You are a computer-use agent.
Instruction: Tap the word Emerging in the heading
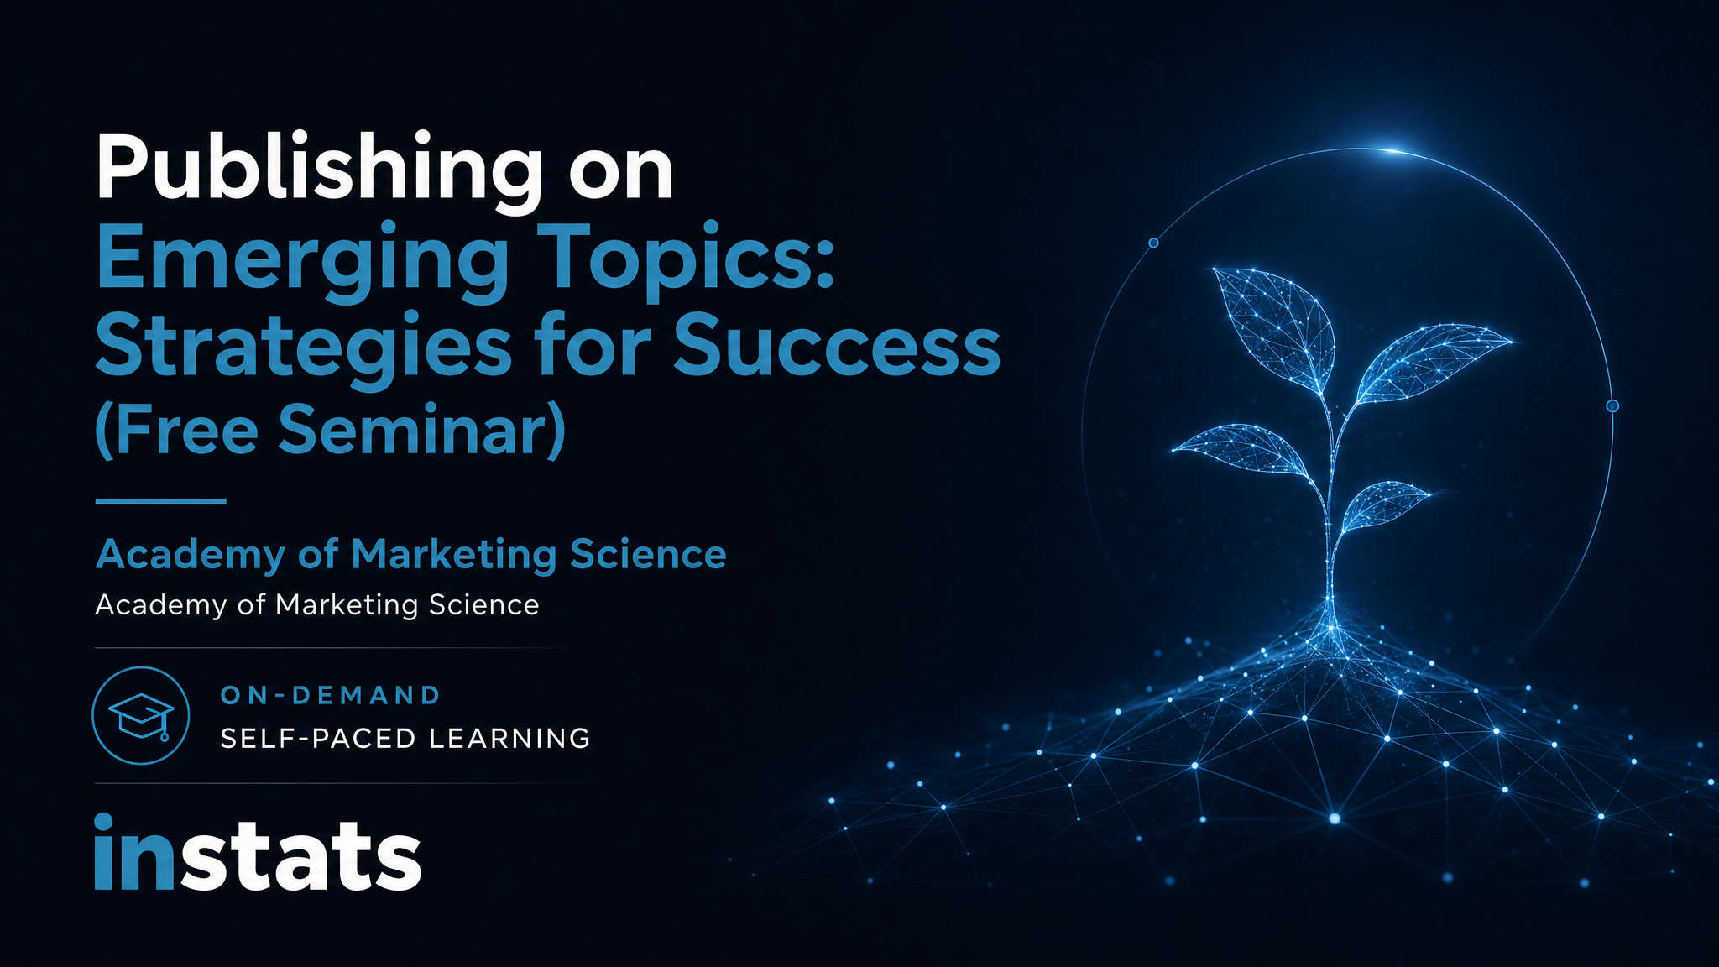(x=302, y=261)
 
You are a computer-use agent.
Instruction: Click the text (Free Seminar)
(x=331, y=430)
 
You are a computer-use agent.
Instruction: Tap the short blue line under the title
(x=161, y=501)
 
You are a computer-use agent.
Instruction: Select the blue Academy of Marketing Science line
(x=411, y=555)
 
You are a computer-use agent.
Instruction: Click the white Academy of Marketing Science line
(x=317, y=605)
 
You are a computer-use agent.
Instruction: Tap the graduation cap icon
(x=141, y=715)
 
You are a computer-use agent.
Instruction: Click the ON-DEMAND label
(x=331, y=695)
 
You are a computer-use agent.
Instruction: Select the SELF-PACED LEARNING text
(x=405, y=739)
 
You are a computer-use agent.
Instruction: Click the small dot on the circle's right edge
(x=1612, y=406)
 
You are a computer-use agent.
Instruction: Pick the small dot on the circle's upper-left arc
(x=1153, y=243)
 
